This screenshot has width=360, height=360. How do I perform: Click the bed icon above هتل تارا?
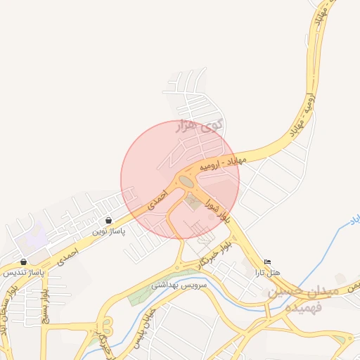(x=267, y=262)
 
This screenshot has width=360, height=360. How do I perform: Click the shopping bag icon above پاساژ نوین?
(x=108, y=220)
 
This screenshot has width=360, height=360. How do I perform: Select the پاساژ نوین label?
(x=108, y=231)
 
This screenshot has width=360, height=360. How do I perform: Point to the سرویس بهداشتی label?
(x=179, y=285)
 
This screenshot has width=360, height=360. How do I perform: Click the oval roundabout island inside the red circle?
(x=186, y=182)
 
